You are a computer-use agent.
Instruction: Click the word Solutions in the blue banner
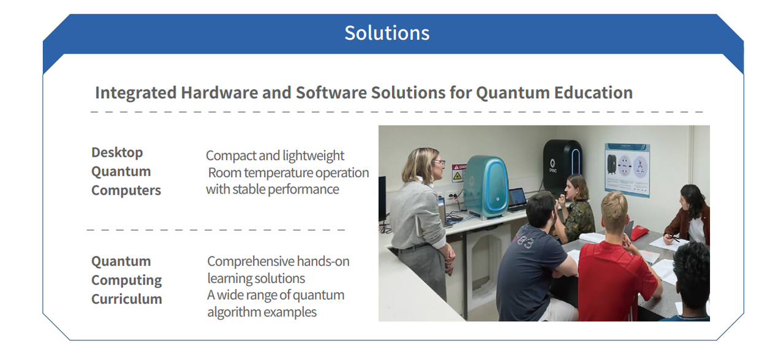click(386, 33)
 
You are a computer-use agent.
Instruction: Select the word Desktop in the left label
click(117, 153)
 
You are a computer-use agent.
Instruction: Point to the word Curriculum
click(126, 299)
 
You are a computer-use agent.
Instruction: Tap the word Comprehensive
click(251, 261)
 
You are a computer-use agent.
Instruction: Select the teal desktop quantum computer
click(486, 187)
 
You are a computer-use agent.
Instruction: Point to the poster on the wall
click(627, 170)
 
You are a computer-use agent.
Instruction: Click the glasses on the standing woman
click(439, 163)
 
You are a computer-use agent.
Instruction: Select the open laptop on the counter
click(518, 200)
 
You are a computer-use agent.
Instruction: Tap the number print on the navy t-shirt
click(524, 241)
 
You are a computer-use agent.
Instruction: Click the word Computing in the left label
click(126, 280)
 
